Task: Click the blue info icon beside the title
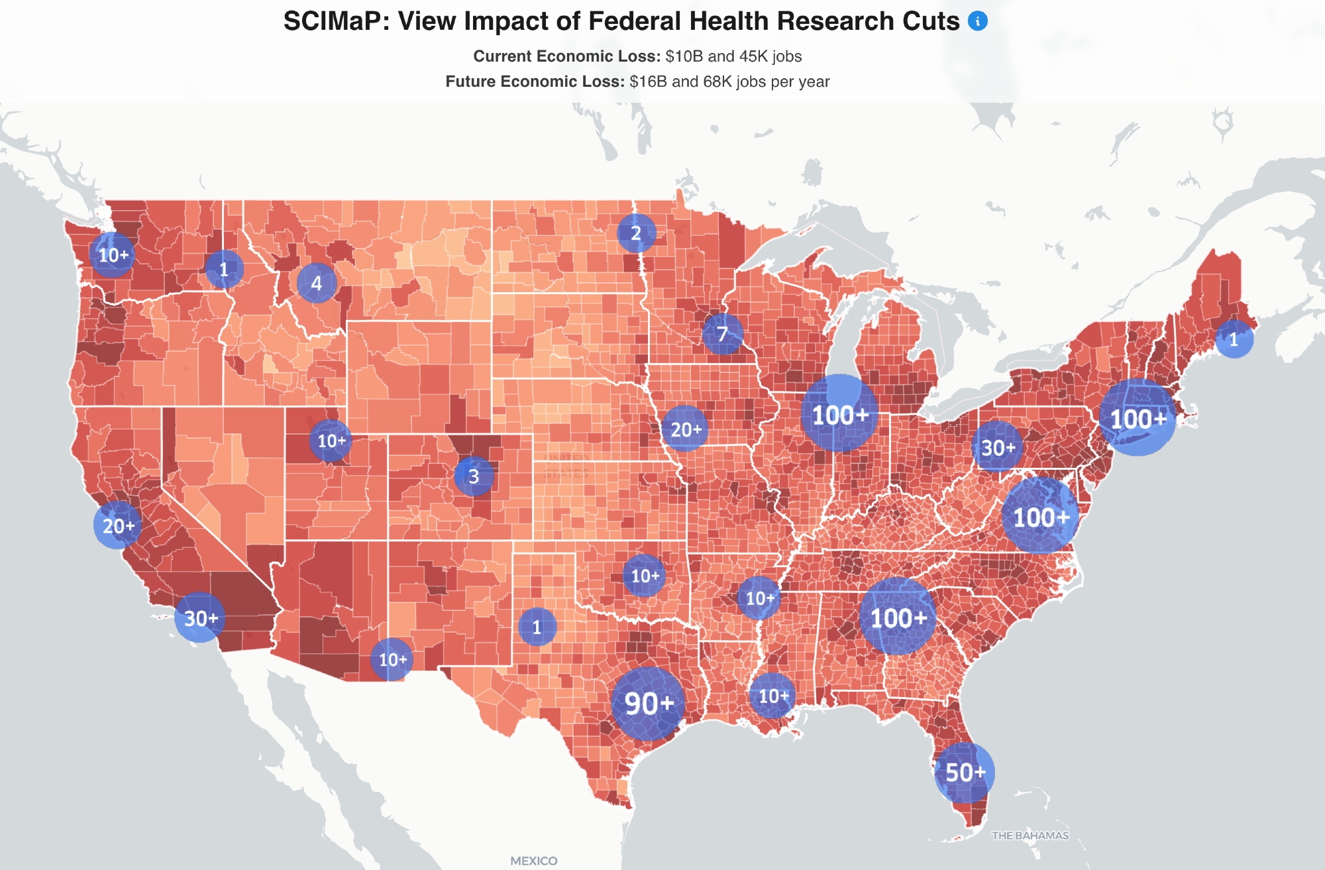coord(978,21)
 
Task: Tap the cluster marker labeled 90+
coord(649,703)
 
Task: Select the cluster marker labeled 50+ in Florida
coord(965,772)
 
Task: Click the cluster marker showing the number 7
coord(723,334)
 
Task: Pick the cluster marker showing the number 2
coord(636,233)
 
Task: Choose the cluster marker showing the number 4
coord(317,284)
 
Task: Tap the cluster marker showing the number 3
coord(474,476)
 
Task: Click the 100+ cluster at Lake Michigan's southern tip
coord(839,415)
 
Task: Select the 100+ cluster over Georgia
coord(898,618)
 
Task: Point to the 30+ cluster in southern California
coord(200,618)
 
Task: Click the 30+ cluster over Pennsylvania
coord(998,448)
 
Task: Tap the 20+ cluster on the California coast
coord(118,525)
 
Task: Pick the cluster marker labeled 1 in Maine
coord(1234,339)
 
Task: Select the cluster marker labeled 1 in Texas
coord(537,627)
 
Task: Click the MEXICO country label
coord(533,861)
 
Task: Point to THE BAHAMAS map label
coord(1030,836)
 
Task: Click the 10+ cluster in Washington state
coord(113,255)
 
